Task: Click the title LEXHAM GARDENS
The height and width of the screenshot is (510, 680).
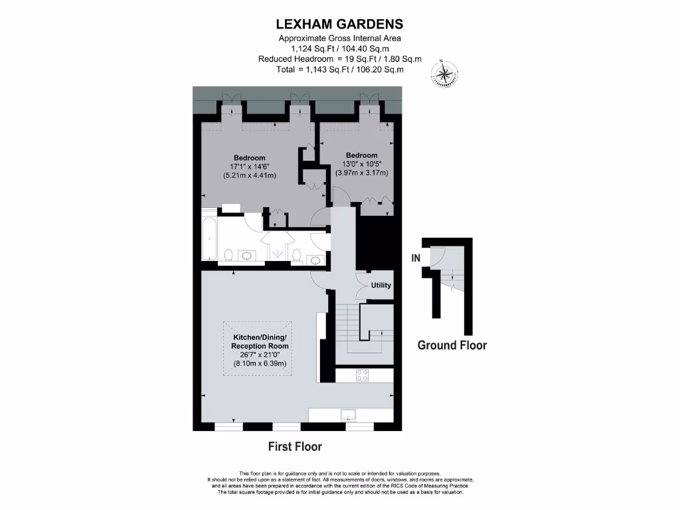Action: point(339,24)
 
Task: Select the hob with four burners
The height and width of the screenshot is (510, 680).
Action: point(363,375)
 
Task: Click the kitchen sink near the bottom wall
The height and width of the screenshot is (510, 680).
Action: point(349,416)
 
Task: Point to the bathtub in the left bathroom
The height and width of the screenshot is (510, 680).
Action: point(209,237)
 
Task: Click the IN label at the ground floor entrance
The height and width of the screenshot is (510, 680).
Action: point(416,258)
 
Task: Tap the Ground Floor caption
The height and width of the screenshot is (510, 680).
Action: point(452,345)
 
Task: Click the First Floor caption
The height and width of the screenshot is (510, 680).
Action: point(295,446)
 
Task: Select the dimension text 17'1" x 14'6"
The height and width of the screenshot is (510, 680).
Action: point(249,167)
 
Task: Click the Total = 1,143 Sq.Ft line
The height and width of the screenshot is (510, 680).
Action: point(339,69)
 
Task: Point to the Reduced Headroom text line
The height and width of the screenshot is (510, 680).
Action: point(339,59)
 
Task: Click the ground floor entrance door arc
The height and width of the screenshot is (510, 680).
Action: point(436,256)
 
